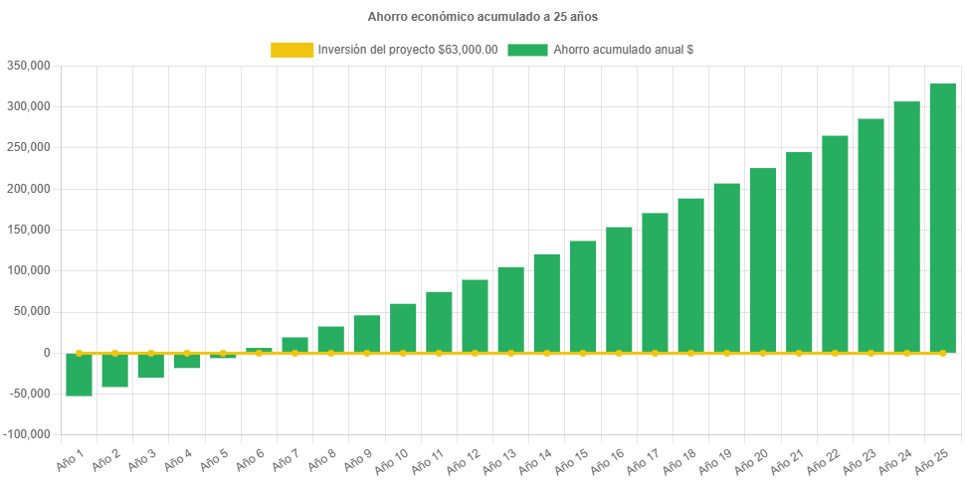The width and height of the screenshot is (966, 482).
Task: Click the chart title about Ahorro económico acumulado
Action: [x=483, y=17]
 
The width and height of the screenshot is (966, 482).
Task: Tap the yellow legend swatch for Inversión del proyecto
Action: [x=291, y=50]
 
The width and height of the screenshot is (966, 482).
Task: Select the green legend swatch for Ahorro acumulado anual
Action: [x=527, y=50]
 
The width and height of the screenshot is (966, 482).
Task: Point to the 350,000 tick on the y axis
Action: [x=29, y=66]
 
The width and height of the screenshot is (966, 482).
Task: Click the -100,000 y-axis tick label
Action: [x=27, y=434]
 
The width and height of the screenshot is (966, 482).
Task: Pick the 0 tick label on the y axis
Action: [x=46, y=353]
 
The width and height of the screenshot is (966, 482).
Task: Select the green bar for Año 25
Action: [x=942, y=218]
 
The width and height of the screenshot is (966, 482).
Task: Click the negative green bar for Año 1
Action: [x=79, y=375]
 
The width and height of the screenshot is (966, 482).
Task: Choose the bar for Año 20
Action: [x=762, y=260]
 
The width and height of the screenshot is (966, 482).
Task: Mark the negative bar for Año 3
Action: [x=150, y=366]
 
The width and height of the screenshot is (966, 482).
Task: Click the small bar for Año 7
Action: [x=294, y=345]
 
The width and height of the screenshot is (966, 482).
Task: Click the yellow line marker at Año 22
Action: [x=835, y=353]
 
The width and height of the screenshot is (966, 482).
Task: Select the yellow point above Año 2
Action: [x=114, y=353]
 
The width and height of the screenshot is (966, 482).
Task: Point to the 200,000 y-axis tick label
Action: [x=29, y=189]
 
